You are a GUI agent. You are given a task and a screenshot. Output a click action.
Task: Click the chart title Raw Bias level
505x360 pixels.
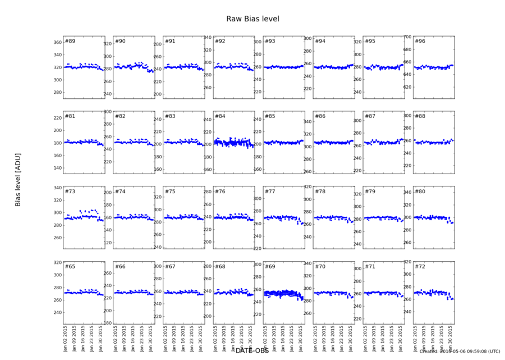pyautogui.click(x=252, y=19)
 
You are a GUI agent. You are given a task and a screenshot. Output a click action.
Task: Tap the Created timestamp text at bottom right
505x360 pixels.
pyautogui.click(x=459, y=352)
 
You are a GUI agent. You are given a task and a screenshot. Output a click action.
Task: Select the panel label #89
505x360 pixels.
pyautogui.click(x=70, y=42)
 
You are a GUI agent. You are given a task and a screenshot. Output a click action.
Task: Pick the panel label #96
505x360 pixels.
pyautogui.click(x=420, y=42)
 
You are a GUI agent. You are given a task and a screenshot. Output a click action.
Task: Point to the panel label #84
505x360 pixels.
pyautogui.click(x=220, y=116)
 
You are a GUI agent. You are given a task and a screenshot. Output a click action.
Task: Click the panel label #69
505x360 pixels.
pyautogui.click(x=270, y=266)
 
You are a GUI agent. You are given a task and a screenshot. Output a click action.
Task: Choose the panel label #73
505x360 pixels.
pyautogui.click(x=70, y=192)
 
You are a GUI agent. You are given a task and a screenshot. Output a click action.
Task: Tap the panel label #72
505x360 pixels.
pyautogui.click(x=420, y=266)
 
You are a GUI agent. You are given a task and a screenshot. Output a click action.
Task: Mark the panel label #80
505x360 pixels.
pyautogui.click(x=420, y=192)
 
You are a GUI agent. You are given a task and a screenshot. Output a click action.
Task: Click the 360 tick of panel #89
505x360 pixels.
pyautogui.click(x=57, y=43)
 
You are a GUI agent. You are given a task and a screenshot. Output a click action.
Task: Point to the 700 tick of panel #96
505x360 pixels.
pyautogui.click(x=407, y=37)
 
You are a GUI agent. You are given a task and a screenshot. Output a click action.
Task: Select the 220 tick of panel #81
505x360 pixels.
pyautogui.click(x=57, y=118)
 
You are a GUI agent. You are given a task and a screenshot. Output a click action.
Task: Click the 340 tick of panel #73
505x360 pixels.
pyautogui.click(x=57, y=188)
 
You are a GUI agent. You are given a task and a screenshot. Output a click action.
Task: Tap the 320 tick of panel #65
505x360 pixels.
pyautogui.click(x=57, y=262)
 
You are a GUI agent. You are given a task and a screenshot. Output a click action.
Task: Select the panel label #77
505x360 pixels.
pyautogui.click(x=270, y=192)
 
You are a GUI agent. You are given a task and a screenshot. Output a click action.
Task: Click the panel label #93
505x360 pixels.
pyautogui.click(x=270, y=42)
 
